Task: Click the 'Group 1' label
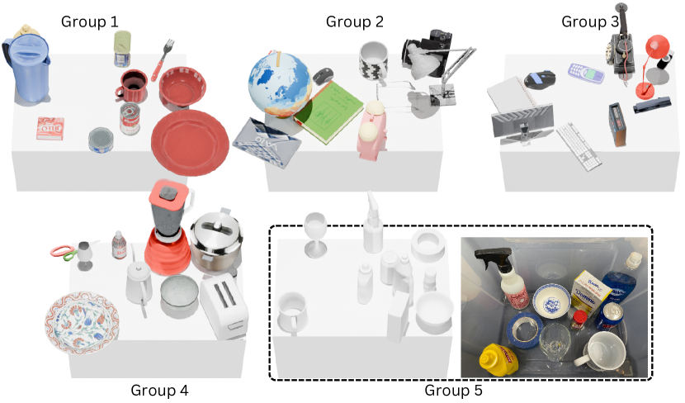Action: coord(90,21)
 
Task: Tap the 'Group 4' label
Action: coord(159,390)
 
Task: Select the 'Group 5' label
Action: coord(453,390)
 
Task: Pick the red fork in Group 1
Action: coord(163,60)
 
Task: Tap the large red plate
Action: coord(190,143)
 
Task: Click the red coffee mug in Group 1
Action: coord(132,86)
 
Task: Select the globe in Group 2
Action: coord(280,85)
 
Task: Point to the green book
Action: coord(328,111)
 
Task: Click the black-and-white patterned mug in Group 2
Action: coord(374,61)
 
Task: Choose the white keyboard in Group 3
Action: coord(579,146)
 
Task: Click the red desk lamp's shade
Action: coord(658,45)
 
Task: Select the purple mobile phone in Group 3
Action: coord(586,73)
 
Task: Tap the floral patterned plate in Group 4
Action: coord(82,322)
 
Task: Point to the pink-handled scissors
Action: coord(64,252)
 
